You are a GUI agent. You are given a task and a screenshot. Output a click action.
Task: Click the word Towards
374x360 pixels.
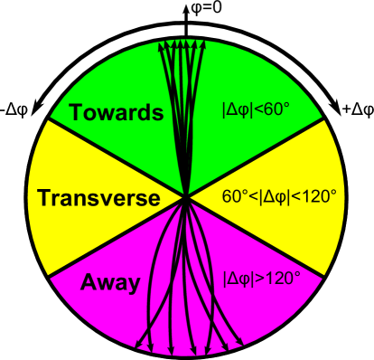click(117, 113)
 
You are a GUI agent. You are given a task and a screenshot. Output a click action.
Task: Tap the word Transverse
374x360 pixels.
click(98, 198)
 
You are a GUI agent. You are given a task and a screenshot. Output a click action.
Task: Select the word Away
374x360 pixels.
click(110, 283)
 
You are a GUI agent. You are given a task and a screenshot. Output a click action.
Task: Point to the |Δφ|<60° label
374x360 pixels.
click(256, 110)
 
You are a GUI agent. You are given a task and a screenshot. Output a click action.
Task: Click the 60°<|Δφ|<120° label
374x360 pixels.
click(279, 195)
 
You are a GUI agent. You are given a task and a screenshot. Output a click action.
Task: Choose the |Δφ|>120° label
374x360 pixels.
click(261, 278)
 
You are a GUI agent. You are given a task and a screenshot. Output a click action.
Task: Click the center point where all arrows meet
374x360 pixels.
click(185, 195)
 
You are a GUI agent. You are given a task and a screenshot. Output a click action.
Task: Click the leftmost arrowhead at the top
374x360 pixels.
click(162, 45)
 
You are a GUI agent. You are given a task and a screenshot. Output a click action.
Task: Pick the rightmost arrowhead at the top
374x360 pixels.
click(205, 45)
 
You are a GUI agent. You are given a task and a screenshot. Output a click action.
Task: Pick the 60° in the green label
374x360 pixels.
click(276, 110)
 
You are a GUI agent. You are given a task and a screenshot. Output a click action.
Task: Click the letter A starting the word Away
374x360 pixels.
click(89, 283)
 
